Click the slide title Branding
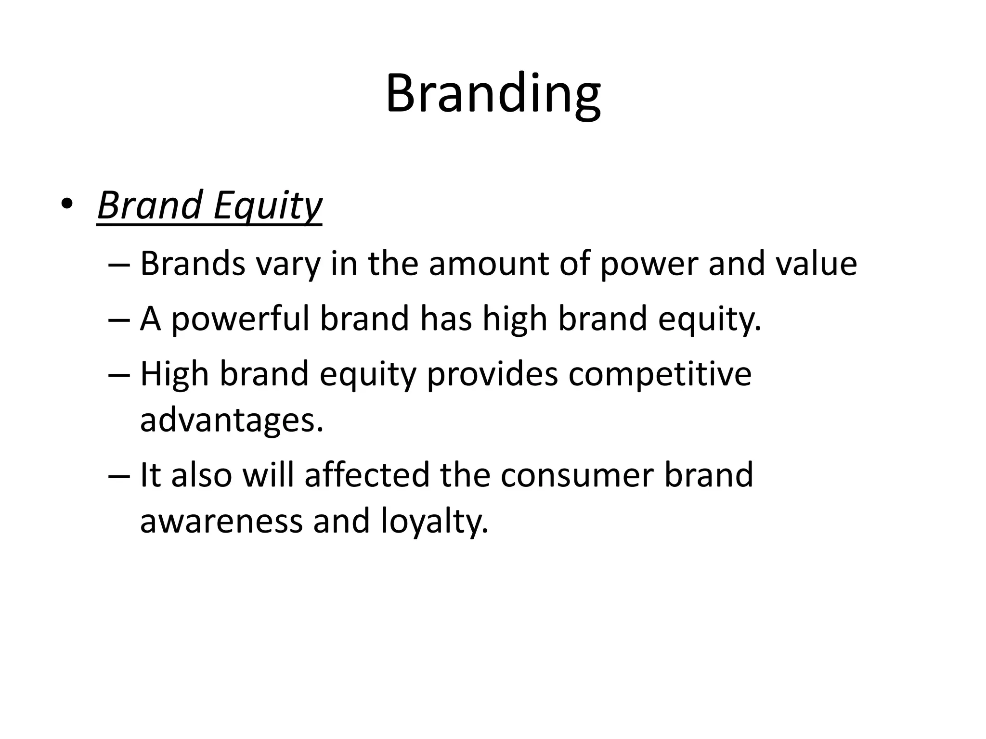click(493, 94)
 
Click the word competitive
click(660, 374)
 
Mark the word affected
click(367, 475)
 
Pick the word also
click(202, 475)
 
